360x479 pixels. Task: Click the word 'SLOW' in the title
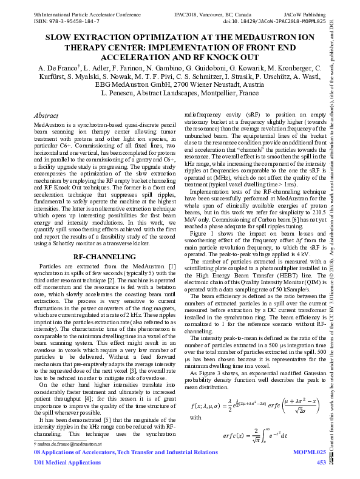[x=59, y=36]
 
